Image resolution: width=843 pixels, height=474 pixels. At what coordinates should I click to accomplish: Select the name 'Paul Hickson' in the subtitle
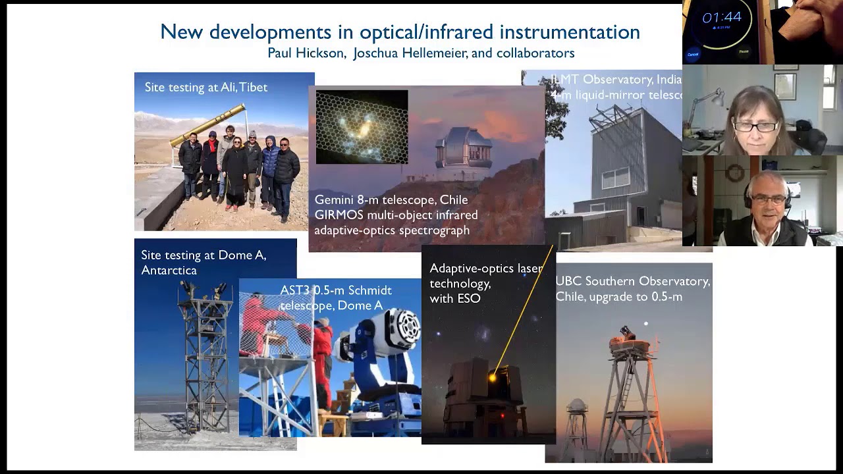click(306, 53)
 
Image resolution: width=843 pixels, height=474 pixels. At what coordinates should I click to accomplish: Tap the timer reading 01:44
click(722, 18)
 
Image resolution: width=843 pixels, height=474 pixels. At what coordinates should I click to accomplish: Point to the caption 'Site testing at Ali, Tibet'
click(205, 88)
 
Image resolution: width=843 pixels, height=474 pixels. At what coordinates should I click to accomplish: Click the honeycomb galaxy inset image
click(362, 127)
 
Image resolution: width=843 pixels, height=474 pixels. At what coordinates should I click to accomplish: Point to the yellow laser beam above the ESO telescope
click(524, 309)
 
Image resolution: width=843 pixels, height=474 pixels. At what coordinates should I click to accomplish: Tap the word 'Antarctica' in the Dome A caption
click(169, 271)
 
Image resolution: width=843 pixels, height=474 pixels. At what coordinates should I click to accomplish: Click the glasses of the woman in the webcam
click(755, 126)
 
